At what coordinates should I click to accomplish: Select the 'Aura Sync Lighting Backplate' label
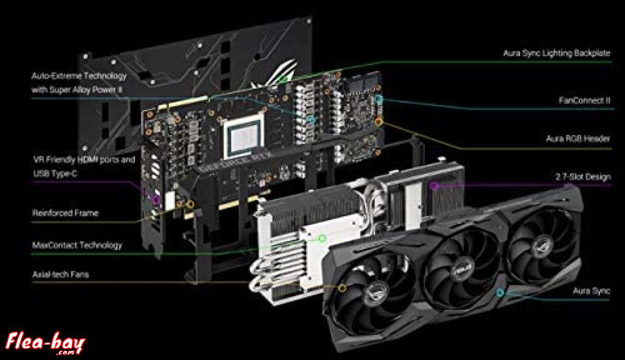pos(556,53)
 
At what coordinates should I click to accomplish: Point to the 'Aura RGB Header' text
pos(578,139)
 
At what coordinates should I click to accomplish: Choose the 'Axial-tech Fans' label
pos(60,274)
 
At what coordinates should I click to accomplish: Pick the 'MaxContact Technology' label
pos(77,245)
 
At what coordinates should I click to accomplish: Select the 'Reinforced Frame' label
pos(65,213)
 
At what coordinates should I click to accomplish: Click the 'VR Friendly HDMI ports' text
pos(84,159)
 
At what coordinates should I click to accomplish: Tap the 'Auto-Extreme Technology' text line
pos(79,76)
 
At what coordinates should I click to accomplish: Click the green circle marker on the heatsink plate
pos(322,239)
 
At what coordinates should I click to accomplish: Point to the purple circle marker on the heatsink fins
pos(434,185)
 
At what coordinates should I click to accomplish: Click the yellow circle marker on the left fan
pos(342,287)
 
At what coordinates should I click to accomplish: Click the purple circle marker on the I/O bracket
pos(155,199)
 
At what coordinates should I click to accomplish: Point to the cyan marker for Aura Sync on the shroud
pos(500,293)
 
